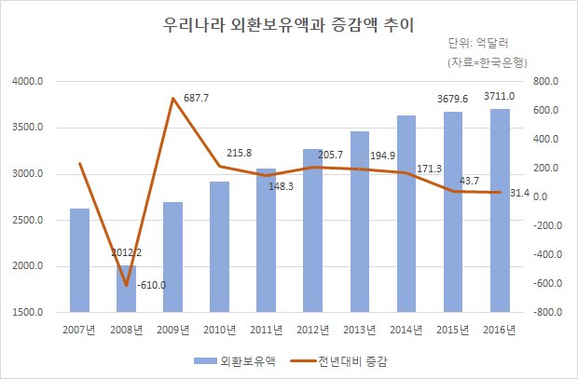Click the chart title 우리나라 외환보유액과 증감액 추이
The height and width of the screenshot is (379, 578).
pyautogui.click(x=289, y=25)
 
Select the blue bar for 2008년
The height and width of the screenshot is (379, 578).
pyautogui.click(x=126, y=289)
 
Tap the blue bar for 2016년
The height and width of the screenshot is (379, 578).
pyautogui.click(x=500, y=210)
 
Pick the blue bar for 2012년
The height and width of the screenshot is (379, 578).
pyautogui.click(x=312, y=231)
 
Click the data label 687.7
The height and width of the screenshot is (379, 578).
pyautogui.click(x=196, y=98)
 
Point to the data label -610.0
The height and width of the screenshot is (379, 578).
pyautogui.click(x=151, y=285)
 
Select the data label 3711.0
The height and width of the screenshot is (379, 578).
pyautogui.click(x=499, y=96)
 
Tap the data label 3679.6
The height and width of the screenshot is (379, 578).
pyautogui.click(x=453, y=99)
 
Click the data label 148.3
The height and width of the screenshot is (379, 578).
pyautogui.click(x=281, y=186)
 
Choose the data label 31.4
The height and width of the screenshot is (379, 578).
pyautogui.click(x=520, y=193)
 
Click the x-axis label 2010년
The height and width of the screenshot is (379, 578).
pyautogui.click(x=220, y=330)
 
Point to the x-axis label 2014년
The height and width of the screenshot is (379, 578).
pyautogui.click(x=406, y=330)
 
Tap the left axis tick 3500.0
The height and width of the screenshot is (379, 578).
pyautogui.click(x=28, y=128)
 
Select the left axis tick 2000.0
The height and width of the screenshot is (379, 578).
pyautogui.click(x=28, y=266)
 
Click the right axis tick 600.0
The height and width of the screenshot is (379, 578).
pyautogui.click(x=545, y=111)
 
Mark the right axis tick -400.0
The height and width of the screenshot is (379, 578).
pyautogui.click(x=548, y=254)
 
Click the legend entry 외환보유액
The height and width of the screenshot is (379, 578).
pyautogui.click(x=235, y=361)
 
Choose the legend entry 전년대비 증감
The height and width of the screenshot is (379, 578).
pyautogui.click(x=339, y=361)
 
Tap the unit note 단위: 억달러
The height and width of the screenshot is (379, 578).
pyautogui.click(x=478, y=44)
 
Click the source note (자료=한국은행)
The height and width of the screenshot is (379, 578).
pyautogui.click(x=488, y=62)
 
